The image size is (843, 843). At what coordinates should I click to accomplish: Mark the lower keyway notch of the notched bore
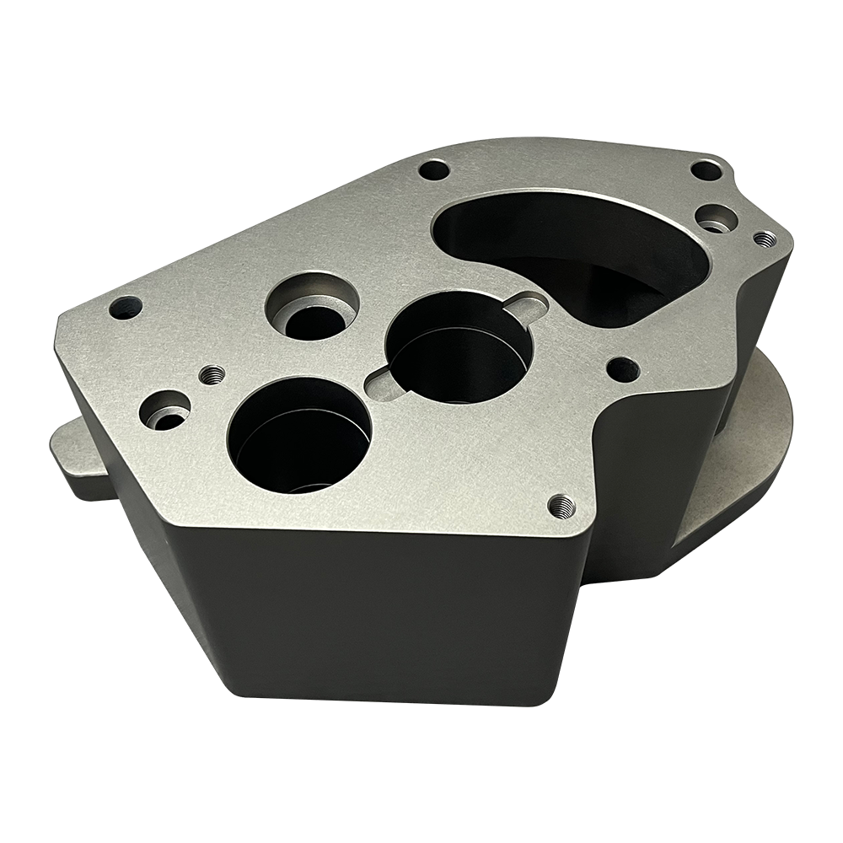pyautogui.click(x=384, y=384)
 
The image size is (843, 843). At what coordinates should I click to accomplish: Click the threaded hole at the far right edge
pyautogui.click(x=765, y=239)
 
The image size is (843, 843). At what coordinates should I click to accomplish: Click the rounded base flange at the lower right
pyautogui.click(x=742, y=472)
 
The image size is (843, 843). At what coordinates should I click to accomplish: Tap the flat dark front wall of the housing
pyautogui.click(x=362, y=615)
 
